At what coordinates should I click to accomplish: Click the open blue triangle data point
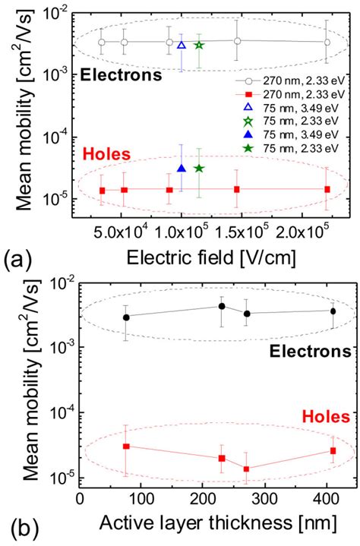[x=182, y=46]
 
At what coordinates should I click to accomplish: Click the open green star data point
[x=199, y=46]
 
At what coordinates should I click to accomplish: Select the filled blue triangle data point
[x=182, y=169]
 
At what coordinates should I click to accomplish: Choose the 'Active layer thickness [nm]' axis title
[x=211, y=524]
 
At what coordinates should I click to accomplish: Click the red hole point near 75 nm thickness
[x=126, y=447]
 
